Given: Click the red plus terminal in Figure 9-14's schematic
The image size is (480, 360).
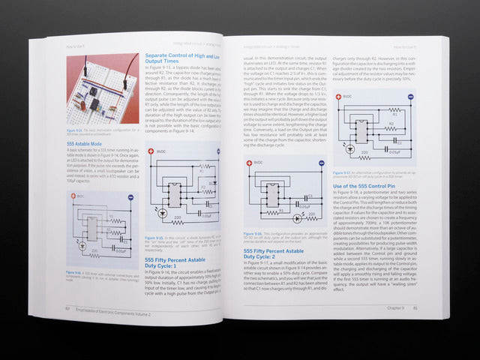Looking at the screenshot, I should pos(73,196).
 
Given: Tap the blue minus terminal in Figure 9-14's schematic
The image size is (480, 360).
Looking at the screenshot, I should pos(131,197).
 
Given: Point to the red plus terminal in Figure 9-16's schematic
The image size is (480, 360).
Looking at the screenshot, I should pos(248,161).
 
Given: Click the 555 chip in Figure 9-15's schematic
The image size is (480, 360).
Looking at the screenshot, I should pos(173,194).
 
